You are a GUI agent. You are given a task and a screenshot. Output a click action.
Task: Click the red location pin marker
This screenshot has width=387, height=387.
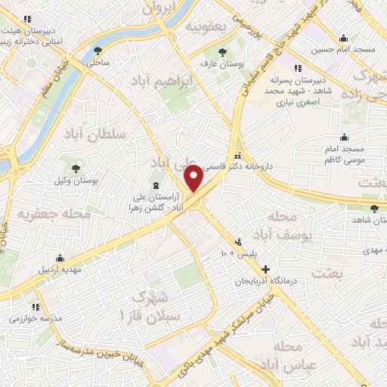point(194,177)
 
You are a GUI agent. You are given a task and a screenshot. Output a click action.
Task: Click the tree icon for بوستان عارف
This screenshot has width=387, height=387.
point(222,52)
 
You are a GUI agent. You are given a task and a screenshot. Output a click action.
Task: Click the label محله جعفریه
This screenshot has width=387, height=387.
point(54,215)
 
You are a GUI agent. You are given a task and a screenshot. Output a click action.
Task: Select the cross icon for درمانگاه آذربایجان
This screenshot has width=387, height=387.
point(265,268)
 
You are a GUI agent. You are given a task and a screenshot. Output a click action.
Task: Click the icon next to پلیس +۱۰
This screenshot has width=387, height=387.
point(240,242)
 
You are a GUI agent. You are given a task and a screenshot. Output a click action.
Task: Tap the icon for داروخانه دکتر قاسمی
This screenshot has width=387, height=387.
point(239,153)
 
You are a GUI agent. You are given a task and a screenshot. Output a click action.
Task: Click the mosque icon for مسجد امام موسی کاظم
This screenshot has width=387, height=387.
point(345,137)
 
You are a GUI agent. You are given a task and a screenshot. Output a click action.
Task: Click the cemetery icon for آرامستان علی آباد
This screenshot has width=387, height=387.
point(155,185)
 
